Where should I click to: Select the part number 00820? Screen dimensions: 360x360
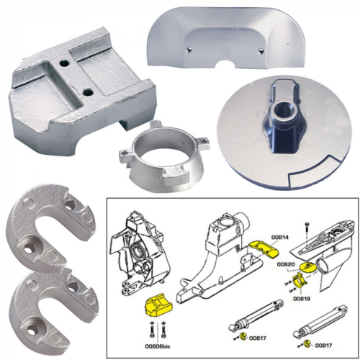[x=287, y=264]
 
